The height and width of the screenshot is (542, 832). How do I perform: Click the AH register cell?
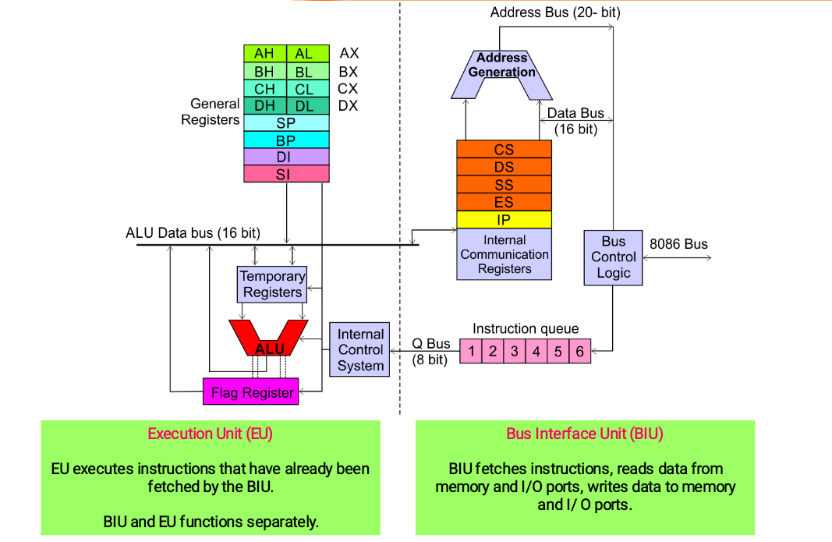tap(265, 54)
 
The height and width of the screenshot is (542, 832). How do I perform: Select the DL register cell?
tap(308, 105)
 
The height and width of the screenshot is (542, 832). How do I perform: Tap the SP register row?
tap(286, 122)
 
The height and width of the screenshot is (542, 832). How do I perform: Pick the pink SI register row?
tap(286, 174)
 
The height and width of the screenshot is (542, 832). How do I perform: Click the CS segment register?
tap(504, 149)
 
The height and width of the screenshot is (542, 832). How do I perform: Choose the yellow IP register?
tap(504, 219)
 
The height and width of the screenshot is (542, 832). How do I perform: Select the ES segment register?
tap(504, 202)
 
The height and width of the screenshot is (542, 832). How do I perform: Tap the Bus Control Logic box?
tap(614, 257)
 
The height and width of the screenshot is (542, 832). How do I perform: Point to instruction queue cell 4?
tap(536, 351)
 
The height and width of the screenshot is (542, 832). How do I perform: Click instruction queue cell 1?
tap(471, 351)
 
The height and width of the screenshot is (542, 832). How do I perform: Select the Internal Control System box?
tap(359, 349)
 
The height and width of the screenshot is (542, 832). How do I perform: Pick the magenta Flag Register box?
tap(251, 391)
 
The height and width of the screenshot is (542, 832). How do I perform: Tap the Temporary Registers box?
tap(272, 285)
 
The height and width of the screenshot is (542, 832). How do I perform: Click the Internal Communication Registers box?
tap(504, 254)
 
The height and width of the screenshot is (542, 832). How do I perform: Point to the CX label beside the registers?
tap(348, 88)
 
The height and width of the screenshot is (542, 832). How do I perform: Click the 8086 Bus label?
tap(678, 244)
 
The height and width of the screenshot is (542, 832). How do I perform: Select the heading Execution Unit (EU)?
tap(210, 434)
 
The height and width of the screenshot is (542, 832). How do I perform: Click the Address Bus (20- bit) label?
tap(555, 12)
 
